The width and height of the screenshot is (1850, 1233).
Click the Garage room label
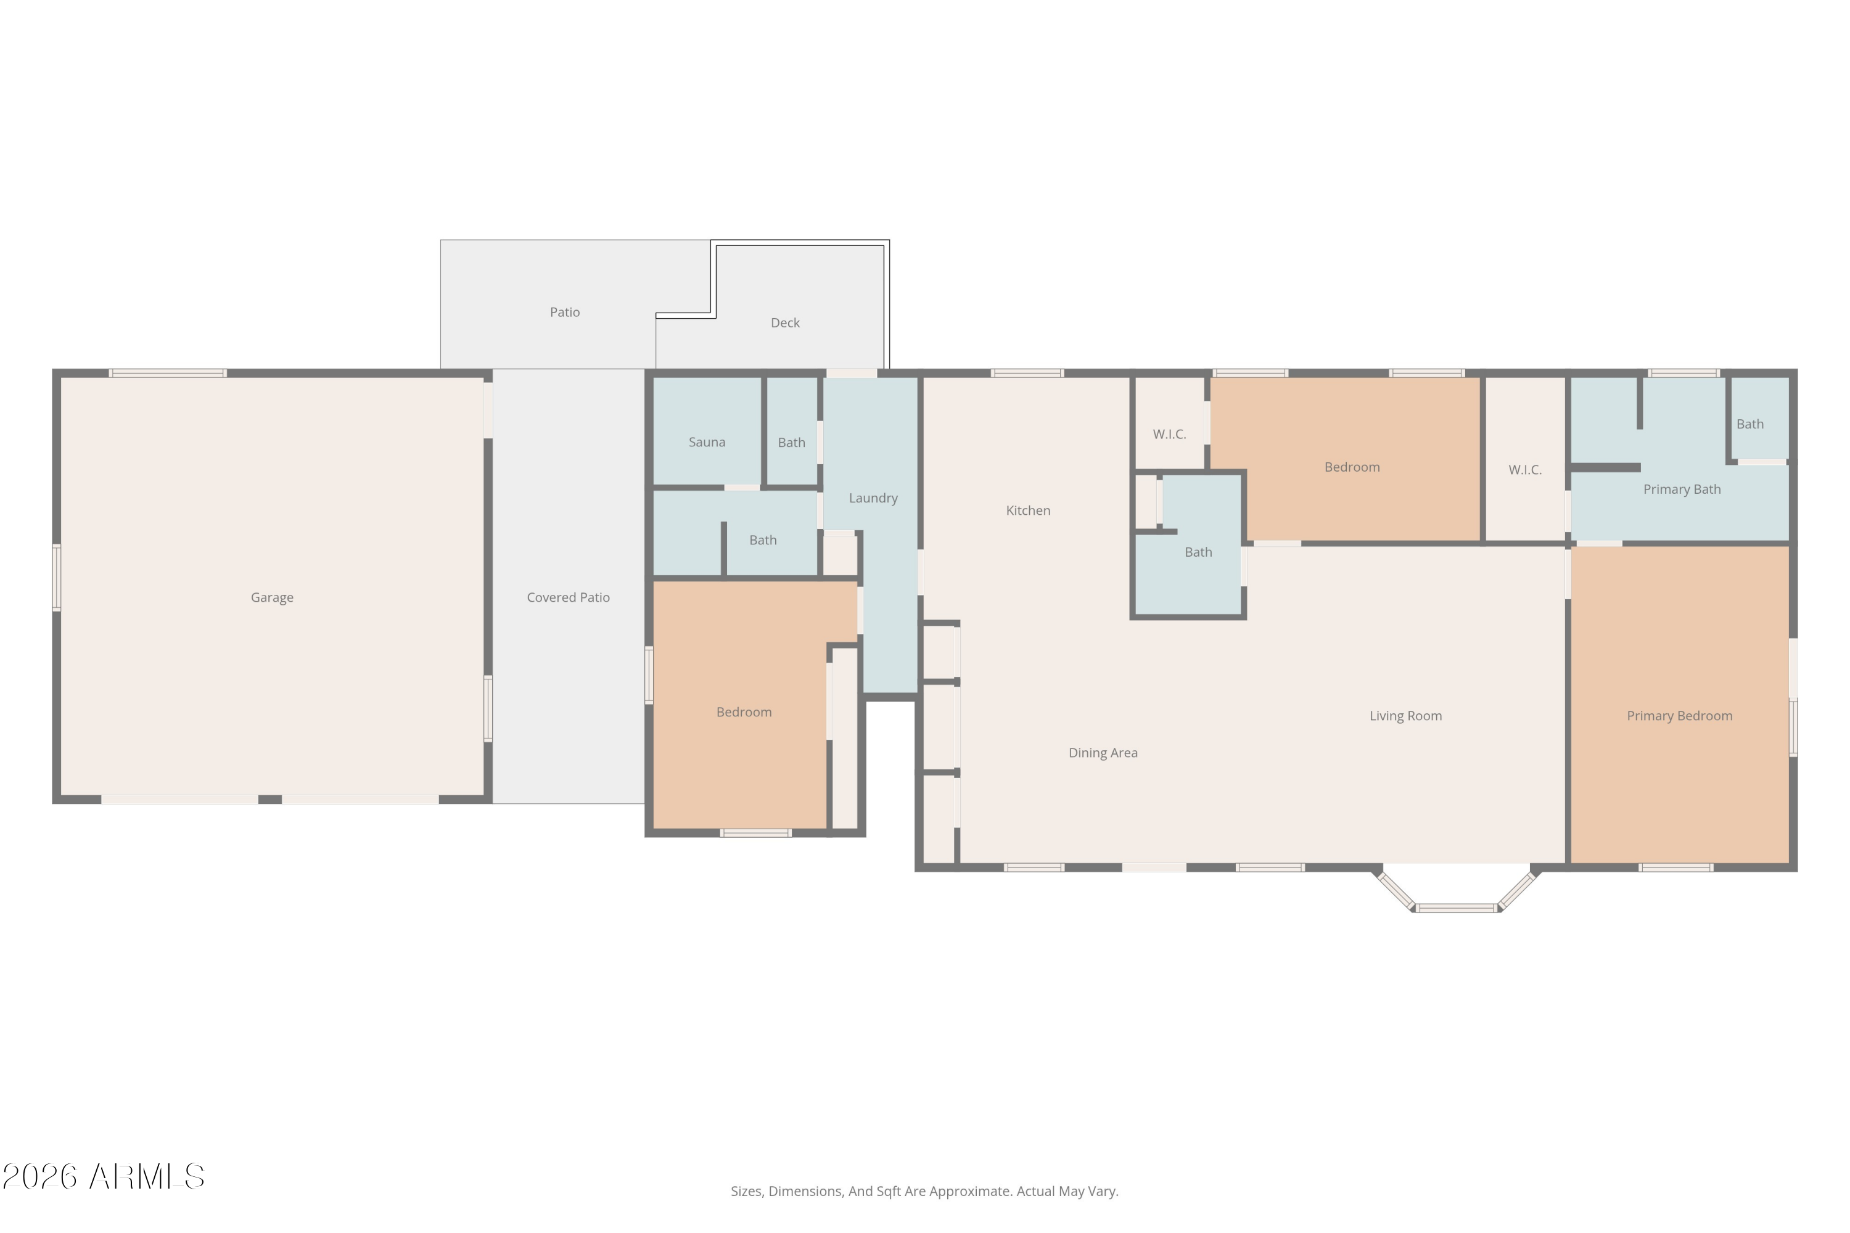coord(272,597)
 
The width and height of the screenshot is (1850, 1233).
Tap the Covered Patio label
coord(568,597)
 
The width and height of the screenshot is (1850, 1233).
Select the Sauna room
coord(706,442)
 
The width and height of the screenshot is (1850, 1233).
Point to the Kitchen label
coord(1027,510)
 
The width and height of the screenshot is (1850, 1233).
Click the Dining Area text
coord(1103,753)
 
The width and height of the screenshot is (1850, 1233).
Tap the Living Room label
coord(1405,716)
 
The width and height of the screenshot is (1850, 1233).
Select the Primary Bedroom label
coord(1679,716)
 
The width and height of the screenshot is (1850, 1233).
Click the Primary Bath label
coord(1681,489)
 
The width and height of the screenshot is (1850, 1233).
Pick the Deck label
coord(784,322)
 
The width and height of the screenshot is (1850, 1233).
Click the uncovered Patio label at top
coord(564,312)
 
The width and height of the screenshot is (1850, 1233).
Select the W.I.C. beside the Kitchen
coord(1169,434)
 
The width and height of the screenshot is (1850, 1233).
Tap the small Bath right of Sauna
coord(791,442)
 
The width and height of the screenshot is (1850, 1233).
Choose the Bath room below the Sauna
coord(762,540)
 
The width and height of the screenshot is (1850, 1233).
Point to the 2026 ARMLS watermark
coord(103,1176)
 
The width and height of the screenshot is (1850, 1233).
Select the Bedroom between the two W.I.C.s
coord(1351,467)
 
